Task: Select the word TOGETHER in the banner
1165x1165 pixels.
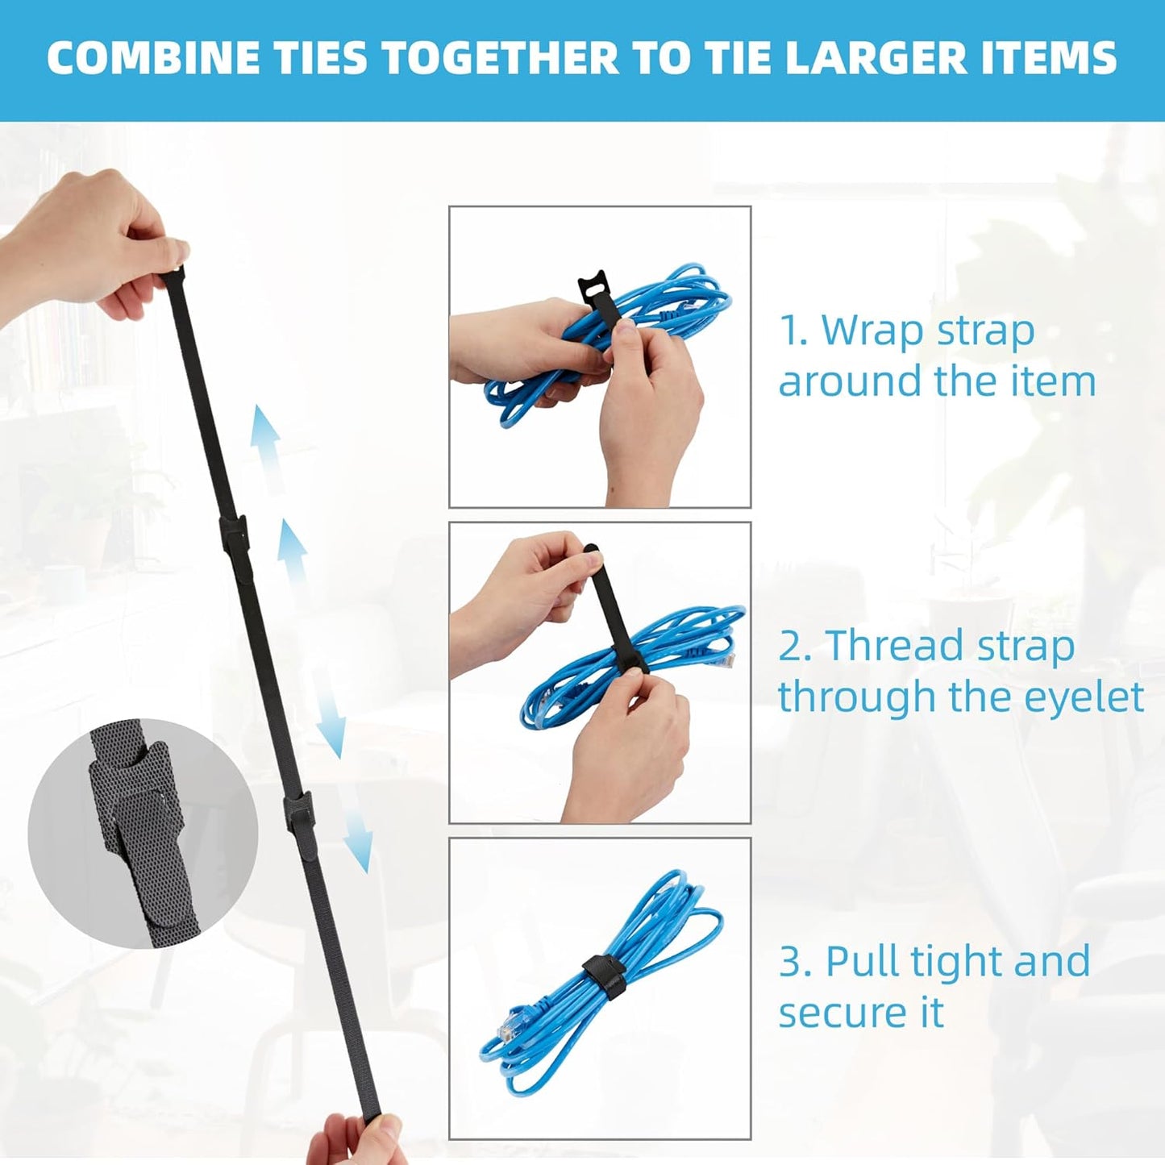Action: pos(499,58)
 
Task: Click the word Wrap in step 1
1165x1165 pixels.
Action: pos(874,331)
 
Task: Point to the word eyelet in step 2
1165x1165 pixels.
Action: pos(1084,697)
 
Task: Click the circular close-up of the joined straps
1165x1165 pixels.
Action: pos(142,834)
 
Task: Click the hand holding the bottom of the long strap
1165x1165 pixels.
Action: pos(355,1141)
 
